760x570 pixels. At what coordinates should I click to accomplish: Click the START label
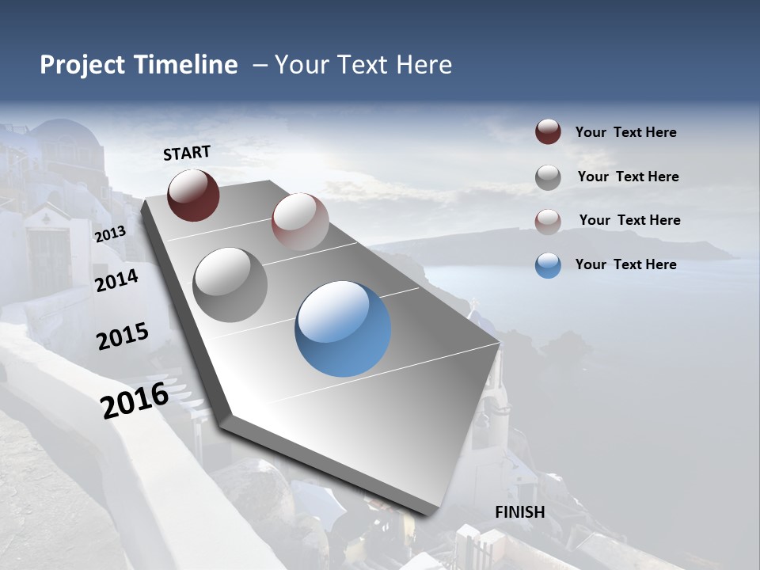[x=187, y=153]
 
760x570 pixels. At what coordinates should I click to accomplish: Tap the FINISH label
[x=519, y=512]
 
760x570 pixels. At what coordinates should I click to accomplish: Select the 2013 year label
[x=110, y=234]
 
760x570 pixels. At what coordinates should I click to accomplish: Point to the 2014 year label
[x=117, y=280]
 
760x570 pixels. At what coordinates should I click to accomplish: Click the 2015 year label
[x=123, y=336]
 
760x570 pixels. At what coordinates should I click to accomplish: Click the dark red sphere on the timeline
[x=193, y=195]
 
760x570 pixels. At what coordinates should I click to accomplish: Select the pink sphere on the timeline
[x=300, y=222]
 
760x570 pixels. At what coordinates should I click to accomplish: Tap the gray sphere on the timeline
[x=230, y=285]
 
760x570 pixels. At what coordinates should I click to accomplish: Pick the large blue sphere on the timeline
[x=343, y=329]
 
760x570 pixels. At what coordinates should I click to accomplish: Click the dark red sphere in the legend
[x=548, y=132]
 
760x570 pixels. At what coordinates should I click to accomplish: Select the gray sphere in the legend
[x=548, y=177]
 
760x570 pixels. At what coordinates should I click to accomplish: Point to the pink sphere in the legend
[x=548, y=221]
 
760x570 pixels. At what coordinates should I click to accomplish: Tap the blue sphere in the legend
[x=548, y=265]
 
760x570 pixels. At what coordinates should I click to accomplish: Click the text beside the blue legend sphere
[x=625, y=264]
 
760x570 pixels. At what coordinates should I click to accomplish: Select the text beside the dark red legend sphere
[x=625, y=132]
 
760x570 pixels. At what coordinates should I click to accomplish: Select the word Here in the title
[x=424, y=65]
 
